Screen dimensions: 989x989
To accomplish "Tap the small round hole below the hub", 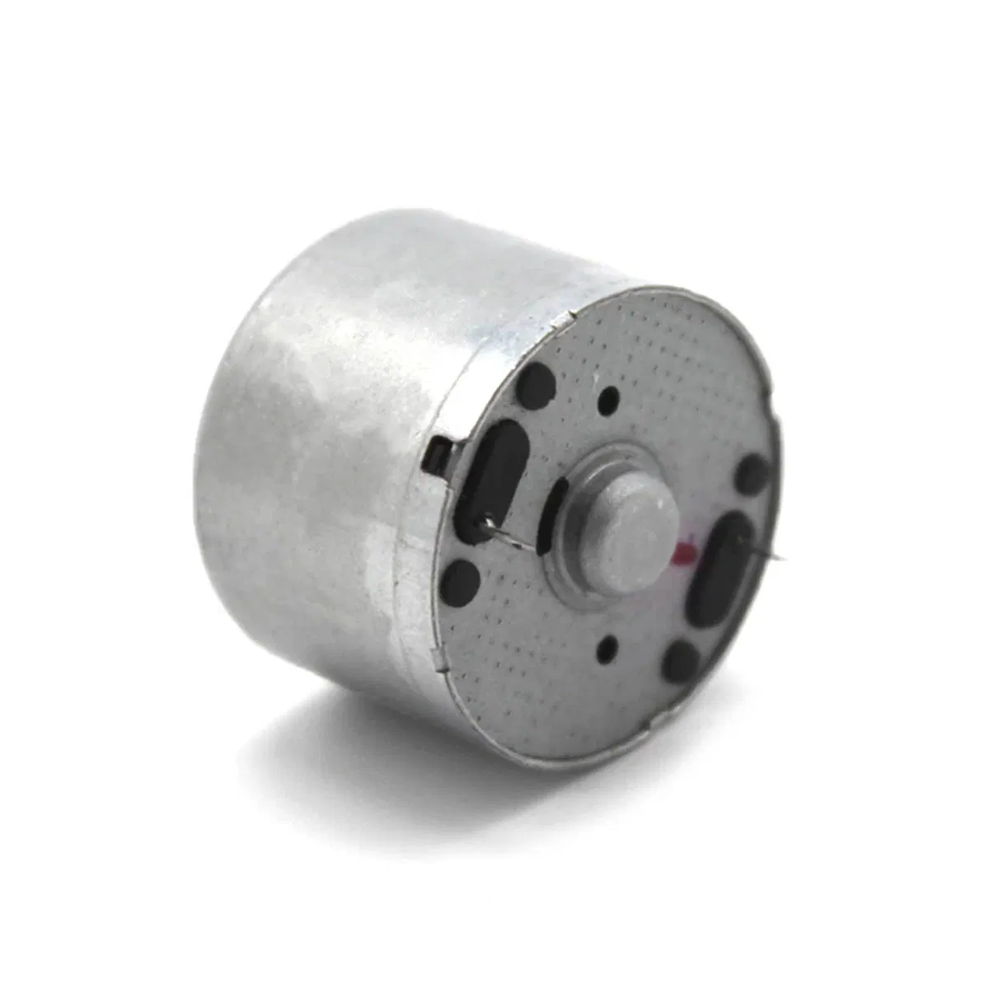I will [612, 645].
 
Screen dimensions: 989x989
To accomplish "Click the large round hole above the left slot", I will [535, 382].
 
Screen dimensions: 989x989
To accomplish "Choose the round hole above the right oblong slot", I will [752, 474].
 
